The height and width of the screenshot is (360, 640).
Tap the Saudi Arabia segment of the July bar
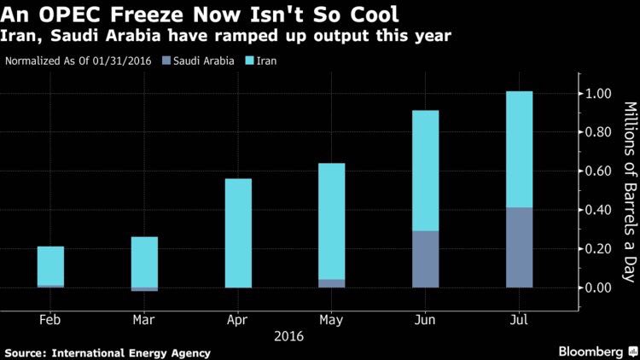tap(519, 247)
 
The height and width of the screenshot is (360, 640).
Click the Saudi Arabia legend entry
tap(201, 61)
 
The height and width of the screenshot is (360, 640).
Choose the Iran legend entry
tap(268, 61)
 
